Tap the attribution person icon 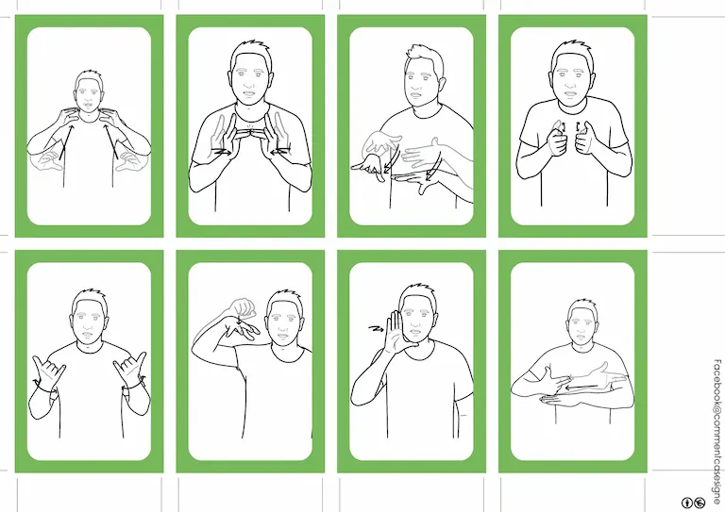pyautogui.click(x=687, y=503)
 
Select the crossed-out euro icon pyautogui.click(x=700, y=503)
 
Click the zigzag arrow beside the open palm pyautogui.click(x=376, y=329)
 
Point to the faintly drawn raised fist pyautogui.click(x=243, y=308)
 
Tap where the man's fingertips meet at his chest pyautogui.click(x=250, y=133)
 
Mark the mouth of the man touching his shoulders pyautogui.click(x=88, y=104)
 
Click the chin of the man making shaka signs pyautogui.click(x=88, y=340)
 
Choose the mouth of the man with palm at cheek pyautogui.click(x=414, y=331)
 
